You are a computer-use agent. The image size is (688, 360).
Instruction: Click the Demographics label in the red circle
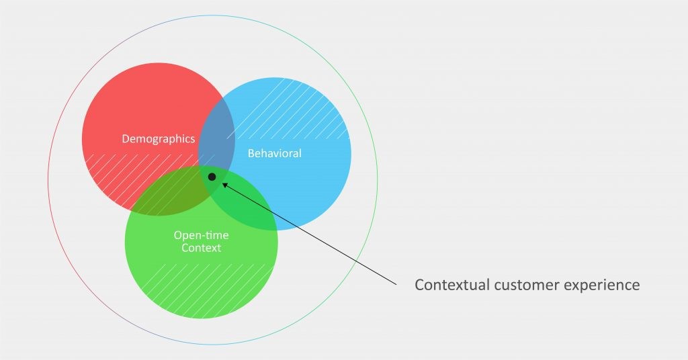[x=159, y=139]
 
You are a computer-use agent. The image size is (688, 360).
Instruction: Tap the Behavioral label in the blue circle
[x=274, y=153]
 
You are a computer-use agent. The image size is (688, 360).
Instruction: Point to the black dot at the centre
[x=212, y=177]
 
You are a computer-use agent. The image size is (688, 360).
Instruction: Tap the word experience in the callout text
[x=605, y=285]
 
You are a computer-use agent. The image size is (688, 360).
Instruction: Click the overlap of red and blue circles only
[x=216, y=134]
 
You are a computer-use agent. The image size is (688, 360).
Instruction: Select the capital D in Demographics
[x=126, y=139]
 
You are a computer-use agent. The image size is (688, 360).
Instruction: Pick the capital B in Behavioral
[x=251, y=153]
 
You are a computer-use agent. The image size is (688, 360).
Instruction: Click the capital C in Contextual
[x=419, y=285]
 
